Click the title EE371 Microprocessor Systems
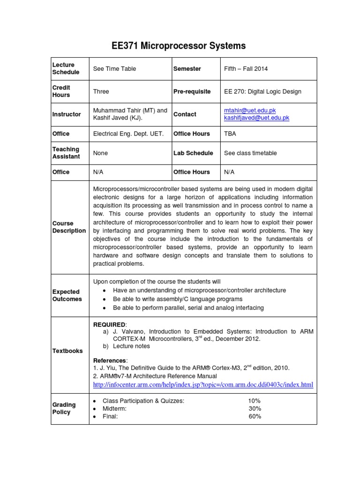click(179, 45)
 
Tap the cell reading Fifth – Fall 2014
click(246, 68)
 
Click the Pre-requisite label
click(192, 91)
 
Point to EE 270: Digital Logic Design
click(262, 91)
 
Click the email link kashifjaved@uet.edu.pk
click(256, 118)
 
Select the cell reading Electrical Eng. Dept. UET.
click(128, 134)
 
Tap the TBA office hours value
click(230, 134)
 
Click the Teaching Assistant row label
click(66, 153)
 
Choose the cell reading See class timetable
click(250, 153)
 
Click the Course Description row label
click(69, 227)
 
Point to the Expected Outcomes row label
click(67, 295)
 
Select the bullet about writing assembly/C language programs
click(178, 299)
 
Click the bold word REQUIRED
click(109, 324)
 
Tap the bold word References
click(110, 360)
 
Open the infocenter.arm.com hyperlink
click(203, 385)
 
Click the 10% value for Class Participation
click(255, 401)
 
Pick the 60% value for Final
click(255, 416)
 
